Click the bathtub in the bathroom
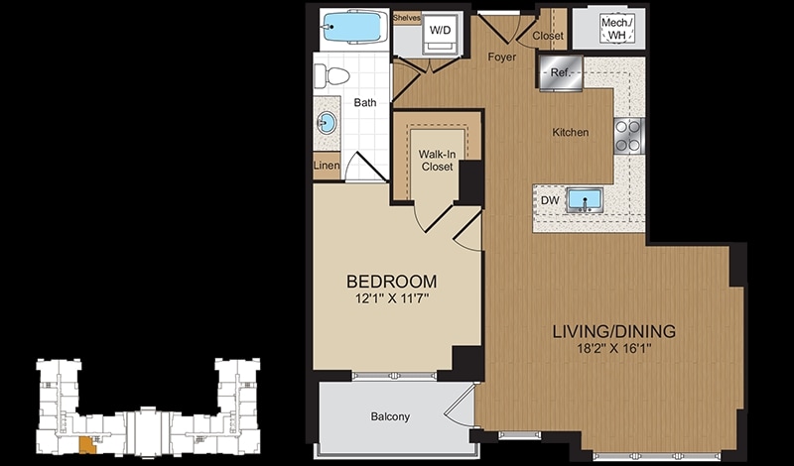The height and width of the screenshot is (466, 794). tap(352, 27)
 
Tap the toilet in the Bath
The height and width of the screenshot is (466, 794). tap(331, 77)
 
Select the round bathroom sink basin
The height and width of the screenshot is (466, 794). tap(327, 122)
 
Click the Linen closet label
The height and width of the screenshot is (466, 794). tap(327, 165)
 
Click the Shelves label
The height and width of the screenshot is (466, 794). tap(407, 18)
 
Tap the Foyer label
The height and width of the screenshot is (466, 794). tap(502, 57)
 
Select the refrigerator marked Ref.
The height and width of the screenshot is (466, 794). tap(561, 72)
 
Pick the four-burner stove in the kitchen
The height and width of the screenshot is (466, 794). tap(629, 136)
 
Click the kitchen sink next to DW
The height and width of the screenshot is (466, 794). tap(585, 200)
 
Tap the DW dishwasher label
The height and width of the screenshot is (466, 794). tap(550, 200)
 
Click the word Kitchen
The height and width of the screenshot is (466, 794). tap(570, 132)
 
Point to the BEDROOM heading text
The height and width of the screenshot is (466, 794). tap(391, 281)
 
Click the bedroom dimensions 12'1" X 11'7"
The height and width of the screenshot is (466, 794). tap(392, 298)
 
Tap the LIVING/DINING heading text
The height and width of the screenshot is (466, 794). tap(613, 331)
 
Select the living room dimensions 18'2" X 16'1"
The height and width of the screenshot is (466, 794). tap(613, 349)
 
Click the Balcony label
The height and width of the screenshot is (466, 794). tap(390, 416)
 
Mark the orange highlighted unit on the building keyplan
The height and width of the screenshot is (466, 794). tap(87, 445)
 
